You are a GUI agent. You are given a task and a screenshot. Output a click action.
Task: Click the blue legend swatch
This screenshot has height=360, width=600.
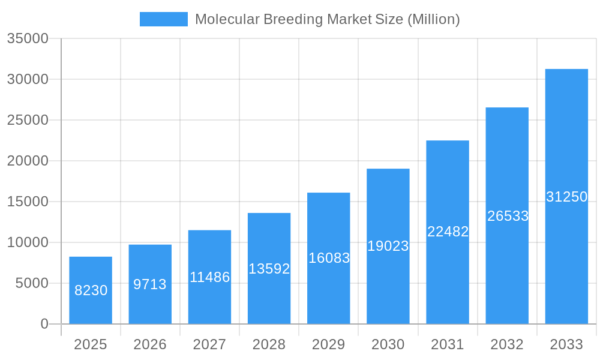click(163, 19)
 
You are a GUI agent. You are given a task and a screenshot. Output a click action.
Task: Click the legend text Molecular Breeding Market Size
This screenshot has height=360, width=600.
click(327, 19)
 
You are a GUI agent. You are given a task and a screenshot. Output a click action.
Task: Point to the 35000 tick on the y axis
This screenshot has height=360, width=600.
click(28, 38)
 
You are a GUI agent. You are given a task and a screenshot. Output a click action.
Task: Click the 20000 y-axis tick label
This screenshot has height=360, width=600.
click(28, 161)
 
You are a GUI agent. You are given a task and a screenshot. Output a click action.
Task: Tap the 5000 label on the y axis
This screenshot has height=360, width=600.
click(32, 283)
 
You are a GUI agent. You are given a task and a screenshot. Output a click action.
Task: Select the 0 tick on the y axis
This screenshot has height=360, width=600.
click(44, 324)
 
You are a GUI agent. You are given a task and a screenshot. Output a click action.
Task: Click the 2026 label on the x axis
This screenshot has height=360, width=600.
click(150, 344)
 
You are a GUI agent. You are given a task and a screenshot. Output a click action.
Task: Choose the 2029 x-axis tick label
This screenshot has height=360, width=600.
click(328, 344)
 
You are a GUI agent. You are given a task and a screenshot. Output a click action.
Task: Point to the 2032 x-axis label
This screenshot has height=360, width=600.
click(507, 344)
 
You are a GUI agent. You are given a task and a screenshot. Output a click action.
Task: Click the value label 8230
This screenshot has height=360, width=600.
click(91, 290)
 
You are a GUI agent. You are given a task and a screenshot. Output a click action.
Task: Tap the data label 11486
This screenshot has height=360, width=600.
click(209, 277)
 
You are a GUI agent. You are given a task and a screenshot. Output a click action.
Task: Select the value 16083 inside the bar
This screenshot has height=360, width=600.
click(329, 258)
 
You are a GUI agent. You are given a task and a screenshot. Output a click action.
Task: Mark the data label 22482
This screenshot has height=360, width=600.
click(448, 232)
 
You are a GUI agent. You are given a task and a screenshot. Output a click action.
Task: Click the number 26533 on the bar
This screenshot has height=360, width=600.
click(508, 216)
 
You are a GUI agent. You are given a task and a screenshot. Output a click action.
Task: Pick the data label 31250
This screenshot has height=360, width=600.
click(566, 197)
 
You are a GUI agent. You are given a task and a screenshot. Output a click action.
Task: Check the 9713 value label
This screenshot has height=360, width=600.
click(150, 284)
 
